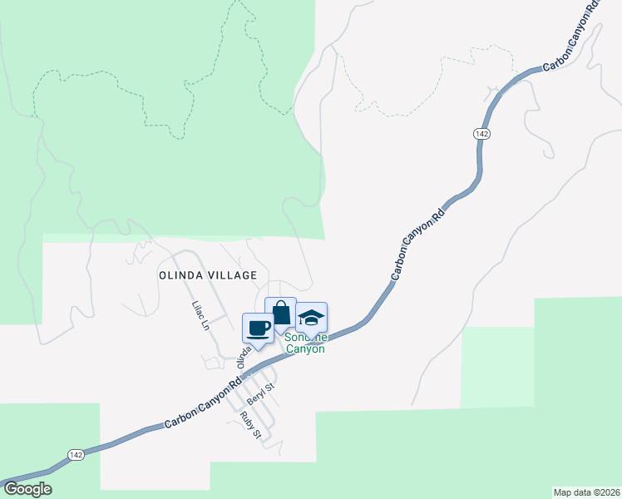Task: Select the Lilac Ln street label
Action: click(199, 316)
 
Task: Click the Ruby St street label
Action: click(250, 424)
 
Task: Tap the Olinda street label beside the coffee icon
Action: click(243, 358)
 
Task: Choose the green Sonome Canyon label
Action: click(305, 343)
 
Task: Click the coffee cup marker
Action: click(258, 327)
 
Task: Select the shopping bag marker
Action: click(281, 313)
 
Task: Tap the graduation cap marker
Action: click(311, 317)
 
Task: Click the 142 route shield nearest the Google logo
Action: click(76, 454)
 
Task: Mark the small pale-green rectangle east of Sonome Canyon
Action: click(497, 366)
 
